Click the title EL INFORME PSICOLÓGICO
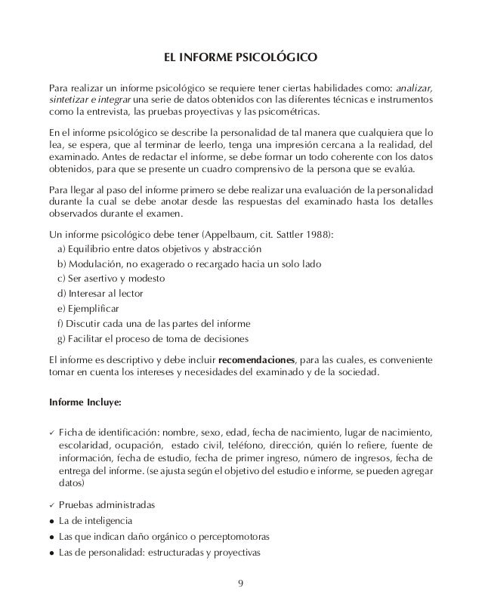coord(241,57)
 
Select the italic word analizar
coord(413,85)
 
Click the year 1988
coord(321,235)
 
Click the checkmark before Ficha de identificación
coord(51,431)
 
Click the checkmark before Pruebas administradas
coord(51,504)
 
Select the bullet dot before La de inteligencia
coord(50,521)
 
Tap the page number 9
coord(241,583)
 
